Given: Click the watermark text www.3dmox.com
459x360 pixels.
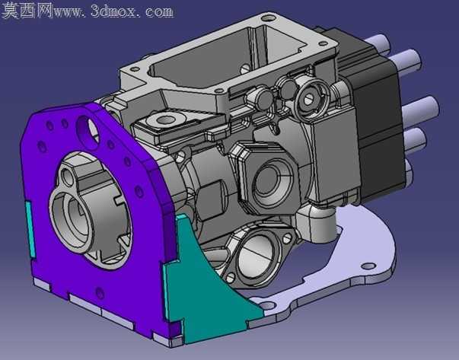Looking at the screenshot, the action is [x=113, y=11].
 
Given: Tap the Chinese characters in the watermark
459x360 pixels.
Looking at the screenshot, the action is [x=27, y=11].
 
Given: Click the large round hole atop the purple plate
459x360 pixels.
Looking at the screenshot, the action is [x=88, y=130].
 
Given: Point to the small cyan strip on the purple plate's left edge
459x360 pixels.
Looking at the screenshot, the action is [x=30, y=230].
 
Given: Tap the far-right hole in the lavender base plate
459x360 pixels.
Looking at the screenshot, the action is [x=368, y=266].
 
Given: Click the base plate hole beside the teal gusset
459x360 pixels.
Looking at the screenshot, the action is [x=268, y=306].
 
